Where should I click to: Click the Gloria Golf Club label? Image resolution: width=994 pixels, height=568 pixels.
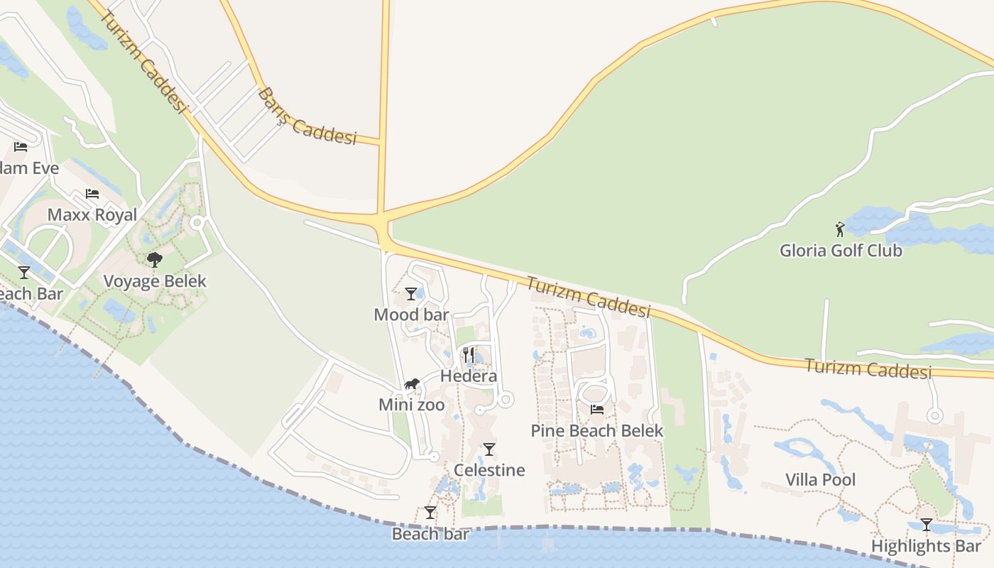841,251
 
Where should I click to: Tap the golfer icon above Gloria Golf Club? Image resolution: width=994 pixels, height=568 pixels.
841,229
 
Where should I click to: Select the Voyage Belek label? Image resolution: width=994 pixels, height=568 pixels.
155,281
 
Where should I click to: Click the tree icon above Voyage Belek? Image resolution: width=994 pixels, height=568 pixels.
155,260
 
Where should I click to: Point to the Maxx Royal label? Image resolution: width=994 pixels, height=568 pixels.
92,215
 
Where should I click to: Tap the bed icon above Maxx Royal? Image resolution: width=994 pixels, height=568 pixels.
92,194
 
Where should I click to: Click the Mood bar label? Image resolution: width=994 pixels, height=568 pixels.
411,315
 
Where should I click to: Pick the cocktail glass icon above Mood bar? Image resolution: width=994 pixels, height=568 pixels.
411,293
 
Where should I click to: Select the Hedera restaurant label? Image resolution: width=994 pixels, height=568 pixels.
469,376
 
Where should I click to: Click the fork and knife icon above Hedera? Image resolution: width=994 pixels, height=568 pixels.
469,354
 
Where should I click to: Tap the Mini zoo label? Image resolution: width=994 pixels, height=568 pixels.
412,405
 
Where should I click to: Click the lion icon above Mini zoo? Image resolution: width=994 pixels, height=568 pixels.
412,384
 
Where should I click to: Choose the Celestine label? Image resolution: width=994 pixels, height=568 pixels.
489,470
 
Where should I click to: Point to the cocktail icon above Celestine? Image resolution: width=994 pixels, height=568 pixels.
489,449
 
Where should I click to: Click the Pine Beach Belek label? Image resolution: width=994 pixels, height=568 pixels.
597,431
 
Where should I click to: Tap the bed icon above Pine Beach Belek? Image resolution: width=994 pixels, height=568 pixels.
597,409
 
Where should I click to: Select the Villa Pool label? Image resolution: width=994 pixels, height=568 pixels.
820,480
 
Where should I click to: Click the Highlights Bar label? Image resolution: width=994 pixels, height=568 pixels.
926,547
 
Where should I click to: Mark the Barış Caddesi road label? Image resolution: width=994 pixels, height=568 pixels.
307,117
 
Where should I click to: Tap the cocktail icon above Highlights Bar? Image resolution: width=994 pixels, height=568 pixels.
926,525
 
